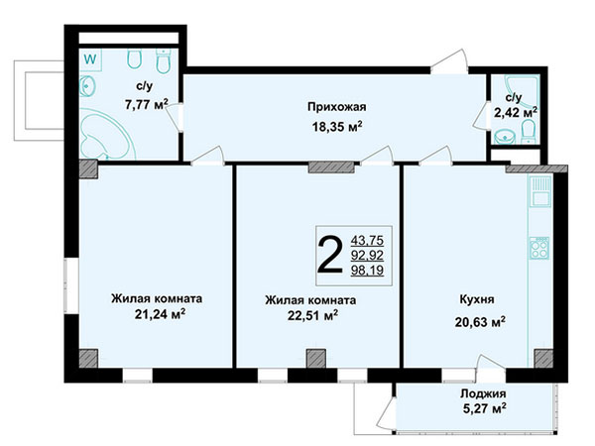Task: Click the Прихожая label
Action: [x=336, y=107]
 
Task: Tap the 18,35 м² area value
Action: [x=336, y=126]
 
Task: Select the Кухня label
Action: [x=477, y=299]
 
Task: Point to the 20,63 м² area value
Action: [x=480, y=321]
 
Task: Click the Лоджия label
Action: [x=483, y=393]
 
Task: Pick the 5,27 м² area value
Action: [x=484, y=408]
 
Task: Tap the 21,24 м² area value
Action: [x=160, y=314]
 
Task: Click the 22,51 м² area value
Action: [x=312, y=315]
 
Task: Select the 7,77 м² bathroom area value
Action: [x=147, y=104]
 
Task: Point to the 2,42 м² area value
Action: [x=516, y=112]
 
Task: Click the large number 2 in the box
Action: [x=329, y=255]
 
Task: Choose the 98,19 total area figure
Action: [x=367, y=271]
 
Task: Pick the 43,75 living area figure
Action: [x=367, y=241]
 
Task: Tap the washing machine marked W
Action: [x=90, y=59]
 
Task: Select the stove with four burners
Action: [x=539, y=248]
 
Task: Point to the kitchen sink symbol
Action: [x=539, y=191]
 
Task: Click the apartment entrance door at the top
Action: [x=449, y=61]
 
